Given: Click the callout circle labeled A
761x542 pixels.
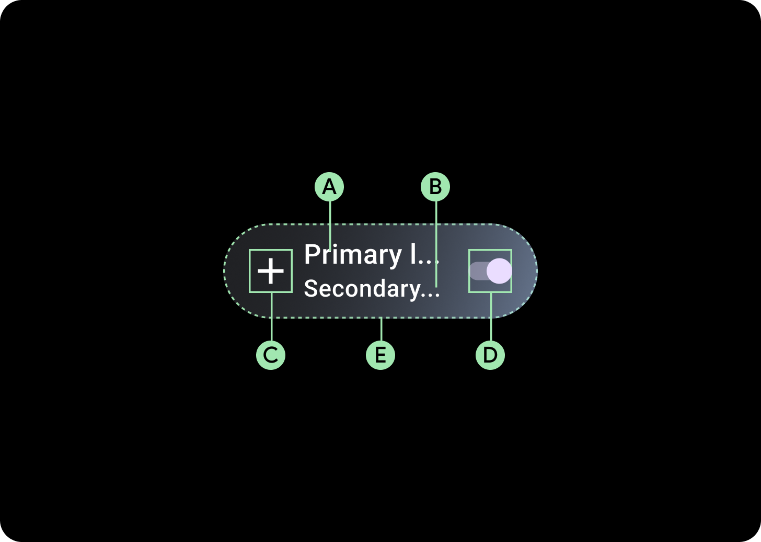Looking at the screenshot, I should pyautogui.click(x=329, y=187).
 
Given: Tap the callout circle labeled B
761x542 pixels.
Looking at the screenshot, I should pyautogui.click(x=435, y=187).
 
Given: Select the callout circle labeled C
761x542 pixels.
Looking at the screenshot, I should pyautogui.click(x=271, y=355).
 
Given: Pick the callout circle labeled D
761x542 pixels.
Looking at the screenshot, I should pyautogui.click(x=490, y=355).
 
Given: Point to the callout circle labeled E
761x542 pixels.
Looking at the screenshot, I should pyautogui.click(x=380, y=355).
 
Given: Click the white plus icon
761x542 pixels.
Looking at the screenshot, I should pyautogui.click(x=271, y=271).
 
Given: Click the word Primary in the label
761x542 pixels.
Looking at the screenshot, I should pyautogui.click(x=353, y=255).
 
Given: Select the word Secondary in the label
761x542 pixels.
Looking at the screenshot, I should pyautogui.click(x=362, y=289).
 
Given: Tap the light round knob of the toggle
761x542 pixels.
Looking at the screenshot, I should pyautogui.click(x=499, y=271).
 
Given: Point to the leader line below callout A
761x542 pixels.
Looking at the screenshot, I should pyautogui.click(x=330, y=222).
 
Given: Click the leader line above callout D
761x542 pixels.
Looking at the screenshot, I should pyautogui.click(x=491, y=319).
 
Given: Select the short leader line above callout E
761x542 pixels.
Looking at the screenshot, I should pyautogui.click(x=382, y=329).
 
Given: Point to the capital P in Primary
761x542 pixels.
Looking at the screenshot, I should pyautogui.click(x=312, y=255).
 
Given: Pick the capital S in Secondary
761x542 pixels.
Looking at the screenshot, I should pyautogui.click(x=311, y=289).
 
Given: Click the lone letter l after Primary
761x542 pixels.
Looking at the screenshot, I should pyautogui.click(x=413, y=255).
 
